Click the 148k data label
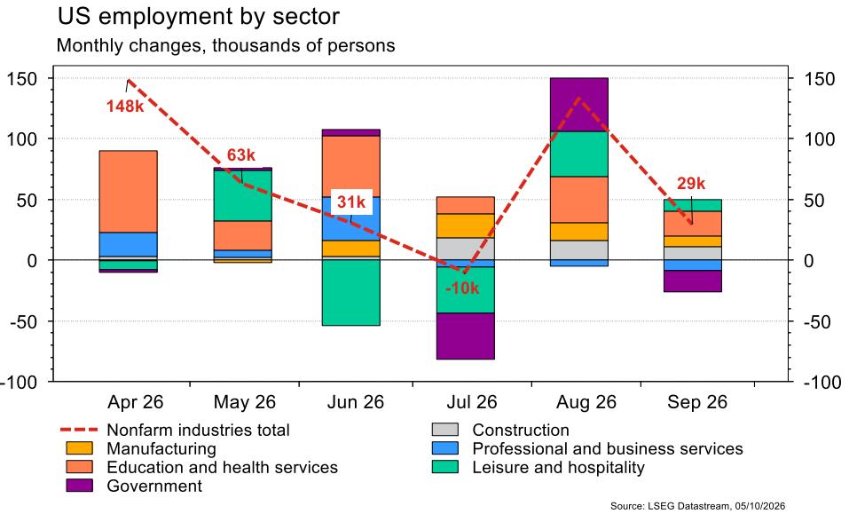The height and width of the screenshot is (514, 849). pyautogui.click(x=125, y=107)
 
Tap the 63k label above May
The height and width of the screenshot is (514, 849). pyautogui.click(x=241, y=154)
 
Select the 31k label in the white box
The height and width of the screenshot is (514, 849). pyautogui.click(x=351, y=202)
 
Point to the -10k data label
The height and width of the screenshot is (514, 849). pyautogui.click(x=462, y=289)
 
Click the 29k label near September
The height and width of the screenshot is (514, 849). pyautogui.click(x=691, y=184)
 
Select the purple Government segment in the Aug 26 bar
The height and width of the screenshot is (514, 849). pyautogui.click(x=578, y=105)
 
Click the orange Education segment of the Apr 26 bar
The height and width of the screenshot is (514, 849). pyautogui.click(x=129, y=192)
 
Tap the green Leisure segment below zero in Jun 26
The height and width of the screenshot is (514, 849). pyautogui.click(x=350, y=292)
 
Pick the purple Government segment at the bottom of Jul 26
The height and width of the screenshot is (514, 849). pyautogui.click(x=466, y=336)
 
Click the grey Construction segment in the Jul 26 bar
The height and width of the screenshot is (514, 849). pyautogui.click(x=466, y=249)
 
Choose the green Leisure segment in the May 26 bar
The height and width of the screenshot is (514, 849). pyautogui.click(x=242, y=195)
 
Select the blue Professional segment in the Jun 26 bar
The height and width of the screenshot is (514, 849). pyautogui.click(x=350, y=218)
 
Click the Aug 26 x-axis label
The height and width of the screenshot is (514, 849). pyautogui.click(x=586, y=402)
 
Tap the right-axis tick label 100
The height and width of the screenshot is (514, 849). pyautogui.click(x=819, y=139)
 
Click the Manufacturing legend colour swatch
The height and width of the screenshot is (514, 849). pyautogui.click(x=80, y=448)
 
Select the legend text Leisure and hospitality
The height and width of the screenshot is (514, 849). pyautogui.click(x=558, y=468)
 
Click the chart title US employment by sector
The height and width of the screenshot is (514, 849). pyautogui.click(x=198, y=17)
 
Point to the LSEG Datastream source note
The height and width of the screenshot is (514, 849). pyautogui.click(x=697, y=506)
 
